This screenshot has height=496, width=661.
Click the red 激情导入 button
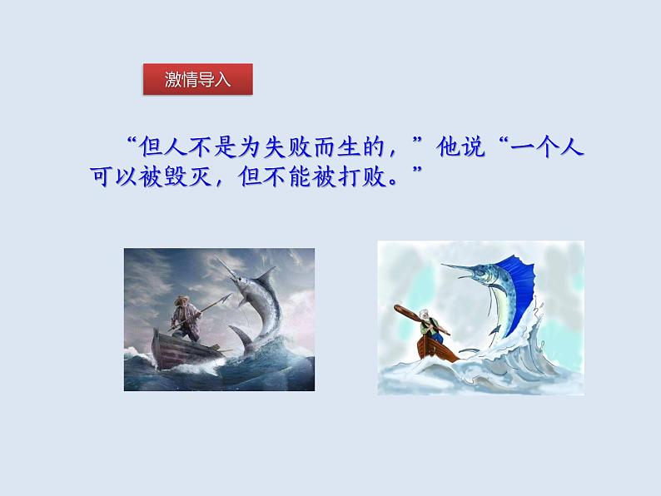pyautogui.click(x=197, y=79)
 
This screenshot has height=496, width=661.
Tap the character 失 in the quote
pyautogui.click(x=276, y=147)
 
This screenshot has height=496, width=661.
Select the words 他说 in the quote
pyautogui.click(x=460, y=147)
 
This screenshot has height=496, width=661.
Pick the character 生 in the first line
pyautogui.click(x=349, y=147)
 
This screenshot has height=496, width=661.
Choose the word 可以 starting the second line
pyautogui.click(x=114, y=176)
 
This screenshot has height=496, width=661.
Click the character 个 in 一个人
pyautogui.click(x=547, y=147)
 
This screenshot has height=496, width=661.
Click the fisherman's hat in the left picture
pyautogui.click(x=182, y=300)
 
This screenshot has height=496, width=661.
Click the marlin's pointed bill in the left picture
pyautogui.click(x=224, y=265)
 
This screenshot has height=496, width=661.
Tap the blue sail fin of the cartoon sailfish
pyautogui.click(x=517, y=286)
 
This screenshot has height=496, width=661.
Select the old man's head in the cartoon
pyautogui.click(x=425, y=315)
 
